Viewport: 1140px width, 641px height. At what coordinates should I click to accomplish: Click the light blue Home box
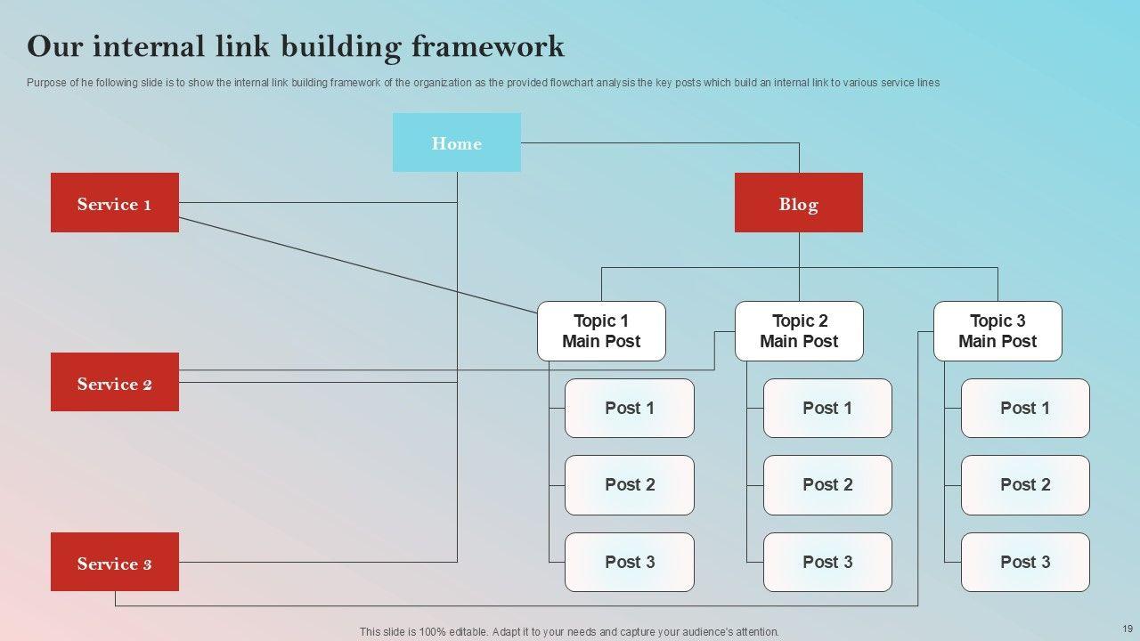click(456, 142)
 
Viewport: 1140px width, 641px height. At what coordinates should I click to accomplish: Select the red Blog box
click(798, 203)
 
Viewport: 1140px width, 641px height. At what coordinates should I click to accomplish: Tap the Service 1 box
click(114, 203)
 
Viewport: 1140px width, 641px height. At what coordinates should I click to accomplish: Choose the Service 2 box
click(114, 383)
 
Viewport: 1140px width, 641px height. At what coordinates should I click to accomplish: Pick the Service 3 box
click(114, 562)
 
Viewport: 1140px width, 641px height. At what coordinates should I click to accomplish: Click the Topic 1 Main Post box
click(601, 331)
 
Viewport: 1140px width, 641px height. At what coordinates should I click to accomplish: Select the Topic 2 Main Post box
click(799, 331)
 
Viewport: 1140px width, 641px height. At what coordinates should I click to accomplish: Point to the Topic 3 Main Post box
click(997, 331)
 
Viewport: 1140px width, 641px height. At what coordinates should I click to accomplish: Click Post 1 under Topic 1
click(630, 408)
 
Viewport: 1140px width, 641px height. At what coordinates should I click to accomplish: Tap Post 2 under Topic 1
click(630, 485)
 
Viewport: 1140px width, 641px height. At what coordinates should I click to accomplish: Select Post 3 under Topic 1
click(630, 562)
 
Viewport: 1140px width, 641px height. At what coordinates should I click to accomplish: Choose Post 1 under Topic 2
click(827, 408)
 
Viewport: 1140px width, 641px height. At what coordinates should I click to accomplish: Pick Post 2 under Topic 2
click(827, 485)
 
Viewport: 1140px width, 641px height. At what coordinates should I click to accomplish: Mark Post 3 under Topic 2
click(827, 562)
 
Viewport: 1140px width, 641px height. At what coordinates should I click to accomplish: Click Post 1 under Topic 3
click(1025, 408)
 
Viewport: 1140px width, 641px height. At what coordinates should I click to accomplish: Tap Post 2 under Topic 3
click(1025, 485)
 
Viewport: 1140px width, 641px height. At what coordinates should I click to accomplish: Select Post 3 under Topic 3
click(1025, 562)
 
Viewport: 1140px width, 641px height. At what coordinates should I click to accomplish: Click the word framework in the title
click(487, 46)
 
